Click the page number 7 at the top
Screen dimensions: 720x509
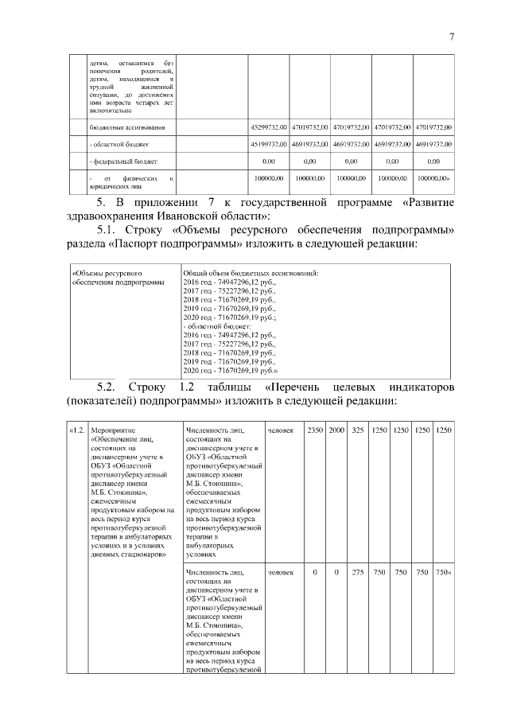coord(451,37)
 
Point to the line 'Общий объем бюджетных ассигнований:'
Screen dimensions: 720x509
coord(251,274)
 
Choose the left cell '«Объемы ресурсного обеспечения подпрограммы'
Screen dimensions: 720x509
coord(119,278)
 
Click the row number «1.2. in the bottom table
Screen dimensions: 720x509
coord(77,430)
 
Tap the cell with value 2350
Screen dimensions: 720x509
coord(315,430)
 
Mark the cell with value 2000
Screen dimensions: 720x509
coord(336,430)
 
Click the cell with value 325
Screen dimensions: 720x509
coord(358,430)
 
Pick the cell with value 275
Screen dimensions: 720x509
coord(358,572)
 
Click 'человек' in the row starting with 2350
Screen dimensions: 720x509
coord(281,430)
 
